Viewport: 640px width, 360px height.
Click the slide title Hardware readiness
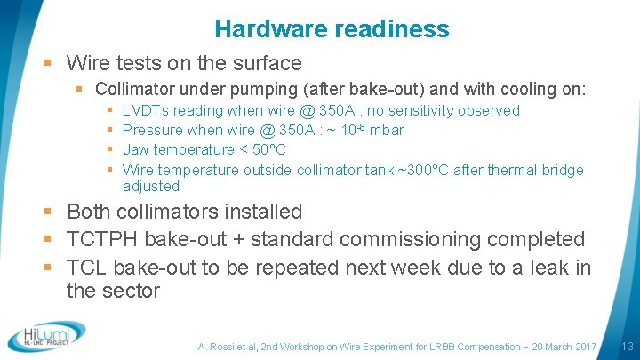click(x=332, y=29)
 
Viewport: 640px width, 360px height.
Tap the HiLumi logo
click(x=45, y=336)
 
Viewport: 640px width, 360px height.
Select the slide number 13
click(x=626, y=346)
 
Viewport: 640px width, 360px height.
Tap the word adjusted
click(x=151, y=186)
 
